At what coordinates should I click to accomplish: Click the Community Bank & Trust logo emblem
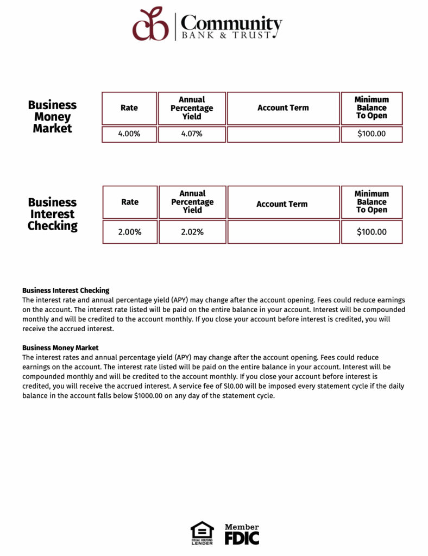pyautogui.click(x=151, y=24)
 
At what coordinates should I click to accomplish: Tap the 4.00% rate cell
pyautogui.click(x=129, y=134)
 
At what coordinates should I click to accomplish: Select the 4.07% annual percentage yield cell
pyautogui.click(x=192, y=134)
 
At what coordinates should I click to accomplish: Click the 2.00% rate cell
pyautogui.click(x=130, y=232)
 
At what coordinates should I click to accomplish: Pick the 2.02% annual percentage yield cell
pyautogui.click(x=192, y=232)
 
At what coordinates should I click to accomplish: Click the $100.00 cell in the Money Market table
pyautogui.click(x=372, y=134)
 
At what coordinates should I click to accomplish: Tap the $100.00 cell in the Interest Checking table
pyautogui.click(x=372, y=232)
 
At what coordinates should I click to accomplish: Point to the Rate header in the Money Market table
pyautogui.click(x=129, y=108)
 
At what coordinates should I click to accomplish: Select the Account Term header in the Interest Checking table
pyautogui.click(x=282, y=204)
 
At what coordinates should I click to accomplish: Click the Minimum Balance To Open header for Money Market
pyautogui.click(x=372, y=108)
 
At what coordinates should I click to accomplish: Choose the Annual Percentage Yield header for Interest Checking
pyautogui.click(x=192, y=201)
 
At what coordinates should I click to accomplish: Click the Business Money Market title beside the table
pyautogui.click(x=52, y=117)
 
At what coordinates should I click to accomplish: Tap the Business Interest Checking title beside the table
pyautogui.click(x=52, y=214)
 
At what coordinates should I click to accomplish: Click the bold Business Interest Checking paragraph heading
pyautogui.click(x=66, y=290)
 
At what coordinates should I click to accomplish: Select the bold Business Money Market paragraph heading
pyautogui.click(x=60, y=347)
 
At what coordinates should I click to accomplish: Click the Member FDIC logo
pyautogui.click(x=242, y=534)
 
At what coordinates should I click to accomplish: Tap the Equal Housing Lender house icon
pyautogui.click(x=202, y=530)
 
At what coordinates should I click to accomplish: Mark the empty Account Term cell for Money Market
pyautogui.click(x=283, y=134)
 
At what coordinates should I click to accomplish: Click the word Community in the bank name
pyautogui.click(x=231, y=23)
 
